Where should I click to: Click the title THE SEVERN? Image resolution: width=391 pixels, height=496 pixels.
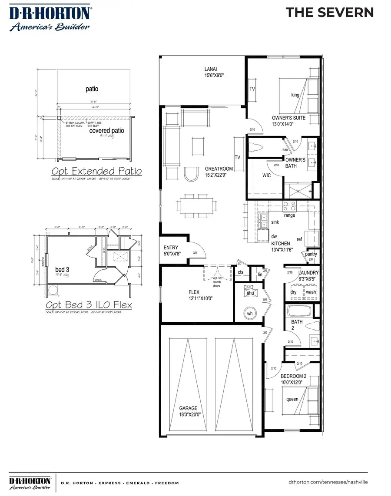(329, 13)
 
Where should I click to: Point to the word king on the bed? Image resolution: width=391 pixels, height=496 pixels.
(295, 95)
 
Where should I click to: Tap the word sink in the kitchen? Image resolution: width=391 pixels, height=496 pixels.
(275, 222)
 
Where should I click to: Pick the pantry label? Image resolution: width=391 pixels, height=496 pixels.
(311, 254)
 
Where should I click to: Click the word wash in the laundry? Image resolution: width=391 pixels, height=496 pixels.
(311, 292)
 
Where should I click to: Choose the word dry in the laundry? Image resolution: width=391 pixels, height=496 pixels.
(294, 292)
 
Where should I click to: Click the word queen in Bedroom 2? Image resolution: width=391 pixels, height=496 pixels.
(292, 400)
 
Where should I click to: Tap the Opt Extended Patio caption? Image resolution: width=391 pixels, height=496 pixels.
(96, 171)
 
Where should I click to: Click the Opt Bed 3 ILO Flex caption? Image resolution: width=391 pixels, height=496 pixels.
(89, 305)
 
